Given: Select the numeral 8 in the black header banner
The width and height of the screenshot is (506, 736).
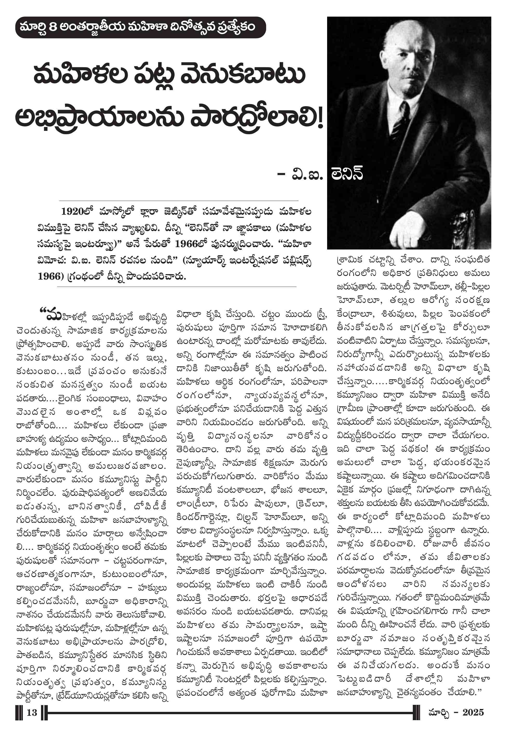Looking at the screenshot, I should tap(53, 27).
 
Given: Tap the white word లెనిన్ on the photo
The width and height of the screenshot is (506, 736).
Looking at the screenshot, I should tap(347, 173).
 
